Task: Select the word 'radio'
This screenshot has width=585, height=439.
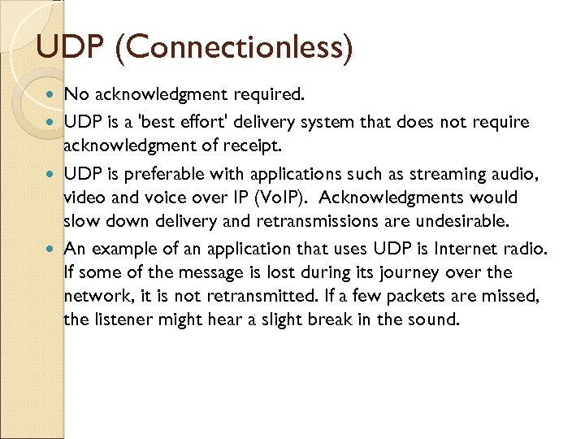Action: click(x=527, y=249)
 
